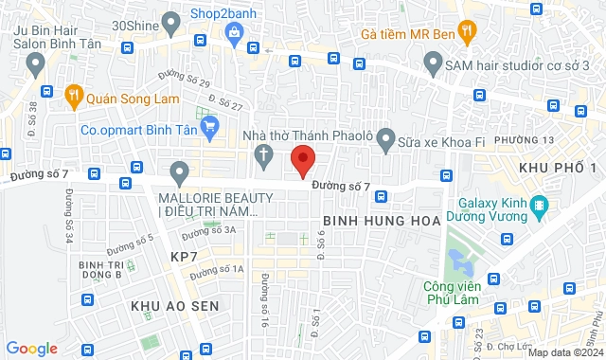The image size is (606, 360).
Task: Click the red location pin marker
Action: pos(302,160)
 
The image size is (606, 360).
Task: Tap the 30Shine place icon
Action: pos(171,21)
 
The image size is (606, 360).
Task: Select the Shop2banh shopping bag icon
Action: pos(233,32)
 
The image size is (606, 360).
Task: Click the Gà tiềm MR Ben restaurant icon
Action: pos(466,30)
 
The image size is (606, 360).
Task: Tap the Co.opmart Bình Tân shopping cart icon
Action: pos(210,124)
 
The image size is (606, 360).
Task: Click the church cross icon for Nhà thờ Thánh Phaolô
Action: pos(262,155)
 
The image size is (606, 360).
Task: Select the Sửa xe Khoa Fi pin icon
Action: pos(385,141)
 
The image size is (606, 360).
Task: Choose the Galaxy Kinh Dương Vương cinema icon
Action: pos(539,205)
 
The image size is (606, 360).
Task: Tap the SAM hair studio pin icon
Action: pos(433,64)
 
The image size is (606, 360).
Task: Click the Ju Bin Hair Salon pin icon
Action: pos(36,64)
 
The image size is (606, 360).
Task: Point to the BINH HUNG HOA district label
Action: pos(382,220)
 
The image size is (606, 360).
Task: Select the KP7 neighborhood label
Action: pos(184,257)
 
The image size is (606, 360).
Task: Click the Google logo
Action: pos(32,348)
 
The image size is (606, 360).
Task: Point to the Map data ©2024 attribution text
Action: pos(564,352)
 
